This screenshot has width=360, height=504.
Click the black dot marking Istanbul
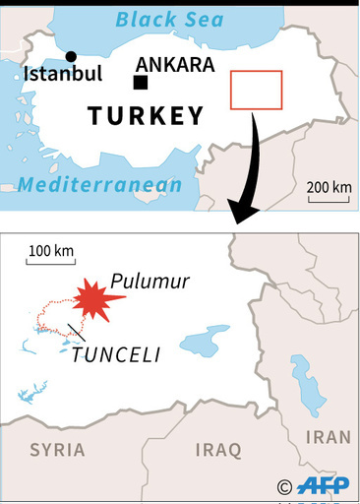pyautogui.click(x=71, y=56)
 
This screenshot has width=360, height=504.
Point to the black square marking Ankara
pyautogui.click(x=142, y=83)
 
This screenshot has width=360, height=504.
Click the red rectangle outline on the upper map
pyautogui.click(x=256, y=90)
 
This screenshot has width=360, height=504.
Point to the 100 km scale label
pyautogui.click(x=51, y=250)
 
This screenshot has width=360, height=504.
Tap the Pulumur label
pyautogui.click(x=150, y=282)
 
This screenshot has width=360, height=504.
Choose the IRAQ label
pyautogui.click(x=217, y=450)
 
